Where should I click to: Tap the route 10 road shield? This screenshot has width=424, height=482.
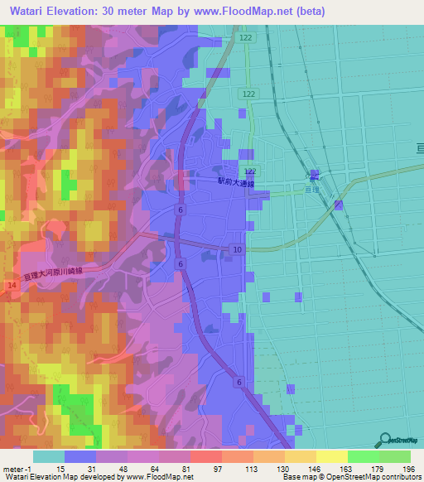coord(237,249)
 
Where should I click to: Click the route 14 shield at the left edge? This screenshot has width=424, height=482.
coord(12,284)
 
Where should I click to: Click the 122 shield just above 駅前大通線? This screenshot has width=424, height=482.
coord(251,170)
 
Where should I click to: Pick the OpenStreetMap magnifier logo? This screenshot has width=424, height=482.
coord(384,439)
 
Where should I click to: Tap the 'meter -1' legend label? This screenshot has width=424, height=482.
coord(18,468)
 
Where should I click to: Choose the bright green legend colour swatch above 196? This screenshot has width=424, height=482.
coord(395,456)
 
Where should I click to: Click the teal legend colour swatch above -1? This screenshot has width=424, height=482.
coord(48,456)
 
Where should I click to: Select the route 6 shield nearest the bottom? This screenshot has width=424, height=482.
coord(238,381)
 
